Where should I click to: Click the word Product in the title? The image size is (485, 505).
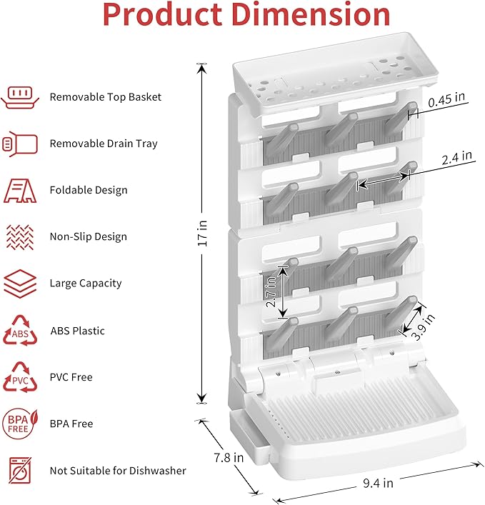(156, 15)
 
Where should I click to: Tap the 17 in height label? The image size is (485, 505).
(202, 233)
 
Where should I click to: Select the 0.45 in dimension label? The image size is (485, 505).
(446, 102)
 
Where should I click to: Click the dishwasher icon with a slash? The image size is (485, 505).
(20, 471)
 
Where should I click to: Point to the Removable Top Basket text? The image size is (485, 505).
(105, 96)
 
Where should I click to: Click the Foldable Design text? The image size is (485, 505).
(89, 190)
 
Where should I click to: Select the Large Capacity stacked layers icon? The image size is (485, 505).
(20, 284)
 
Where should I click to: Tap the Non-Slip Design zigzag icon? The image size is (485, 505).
(20, 236)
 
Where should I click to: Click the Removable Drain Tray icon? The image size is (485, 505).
(20, 144)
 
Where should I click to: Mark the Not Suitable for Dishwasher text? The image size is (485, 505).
(118, 471)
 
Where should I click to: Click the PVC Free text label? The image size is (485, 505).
(71, 377)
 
